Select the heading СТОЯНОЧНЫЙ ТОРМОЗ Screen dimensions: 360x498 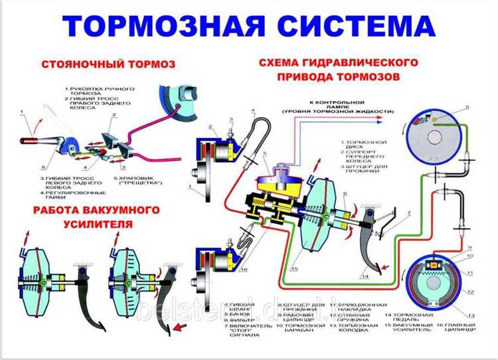(107, 65)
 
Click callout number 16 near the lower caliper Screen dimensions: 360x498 (244, 271)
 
